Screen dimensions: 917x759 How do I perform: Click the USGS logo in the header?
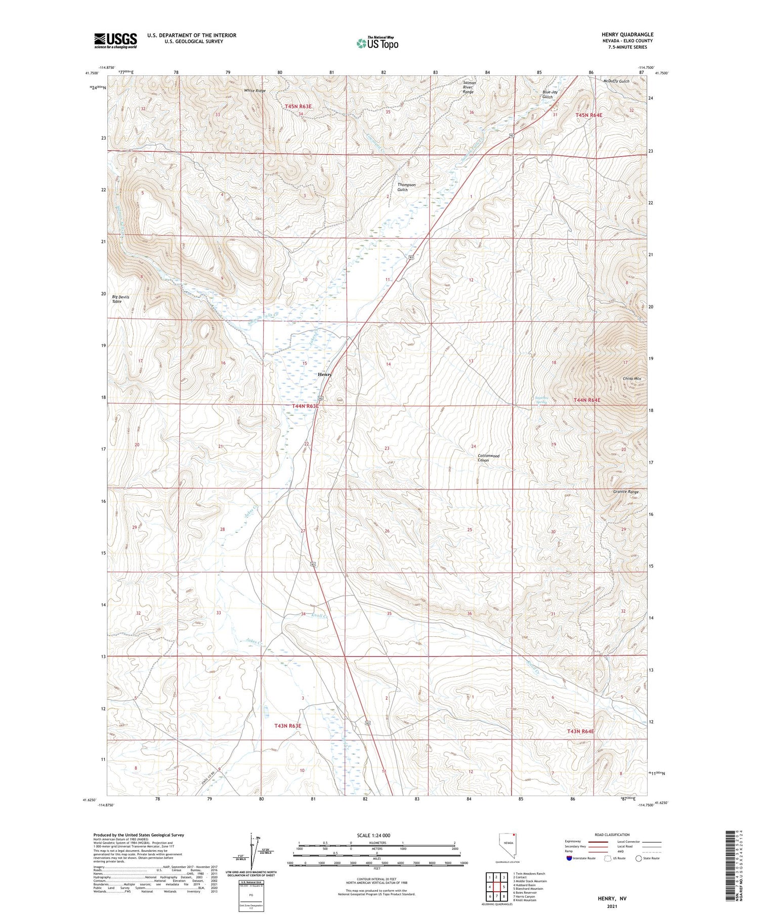tap(115, 40)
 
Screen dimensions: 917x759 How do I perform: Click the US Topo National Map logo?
tap(377, 43)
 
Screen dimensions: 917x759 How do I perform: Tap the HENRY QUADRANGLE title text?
tap(627, 34)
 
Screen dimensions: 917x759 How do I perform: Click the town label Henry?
tap(325, 374)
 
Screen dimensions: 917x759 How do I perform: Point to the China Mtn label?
tap(631, 378)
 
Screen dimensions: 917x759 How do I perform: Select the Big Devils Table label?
tap(120, 299)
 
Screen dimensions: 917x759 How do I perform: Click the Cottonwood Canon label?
tap(488, 458)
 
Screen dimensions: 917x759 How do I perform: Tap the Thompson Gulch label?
tap(406, 187)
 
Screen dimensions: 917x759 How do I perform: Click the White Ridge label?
tap(255, 91)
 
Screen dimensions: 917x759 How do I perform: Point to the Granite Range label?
tap(626, 492)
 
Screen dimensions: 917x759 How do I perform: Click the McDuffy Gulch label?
tap(616, 81)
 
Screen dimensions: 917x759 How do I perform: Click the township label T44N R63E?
tap(305, 406)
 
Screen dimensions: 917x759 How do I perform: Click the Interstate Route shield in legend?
tap(569, 858)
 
